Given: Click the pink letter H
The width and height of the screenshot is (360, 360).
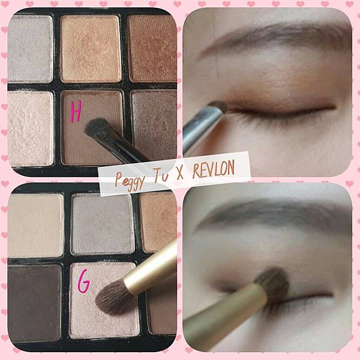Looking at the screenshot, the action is coord(76,112).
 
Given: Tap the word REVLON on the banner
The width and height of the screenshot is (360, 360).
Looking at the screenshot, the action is coord(213,169).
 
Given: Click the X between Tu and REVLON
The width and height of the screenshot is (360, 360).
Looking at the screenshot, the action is coord(180,174).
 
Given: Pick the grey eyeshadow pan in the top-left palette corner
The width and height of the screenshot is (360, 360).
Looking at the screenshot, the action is coord(30,49).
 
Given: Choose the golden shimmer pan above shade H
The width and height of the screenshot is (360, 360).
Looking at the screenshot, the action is coord(91,49).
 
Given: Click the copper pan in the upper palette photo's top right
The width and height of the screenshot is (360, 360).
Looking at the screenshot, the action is coord(152,49).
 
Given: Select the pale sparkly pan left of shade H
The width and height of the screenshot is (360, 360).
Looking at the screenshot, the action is coord(31,128).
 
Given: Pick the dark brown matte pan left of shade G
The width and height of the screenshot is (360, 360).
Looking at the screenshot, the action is coord(34,303).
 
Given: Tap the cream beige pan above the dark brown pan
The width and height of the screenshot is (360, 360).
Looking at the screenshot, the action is coord(35,226).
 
